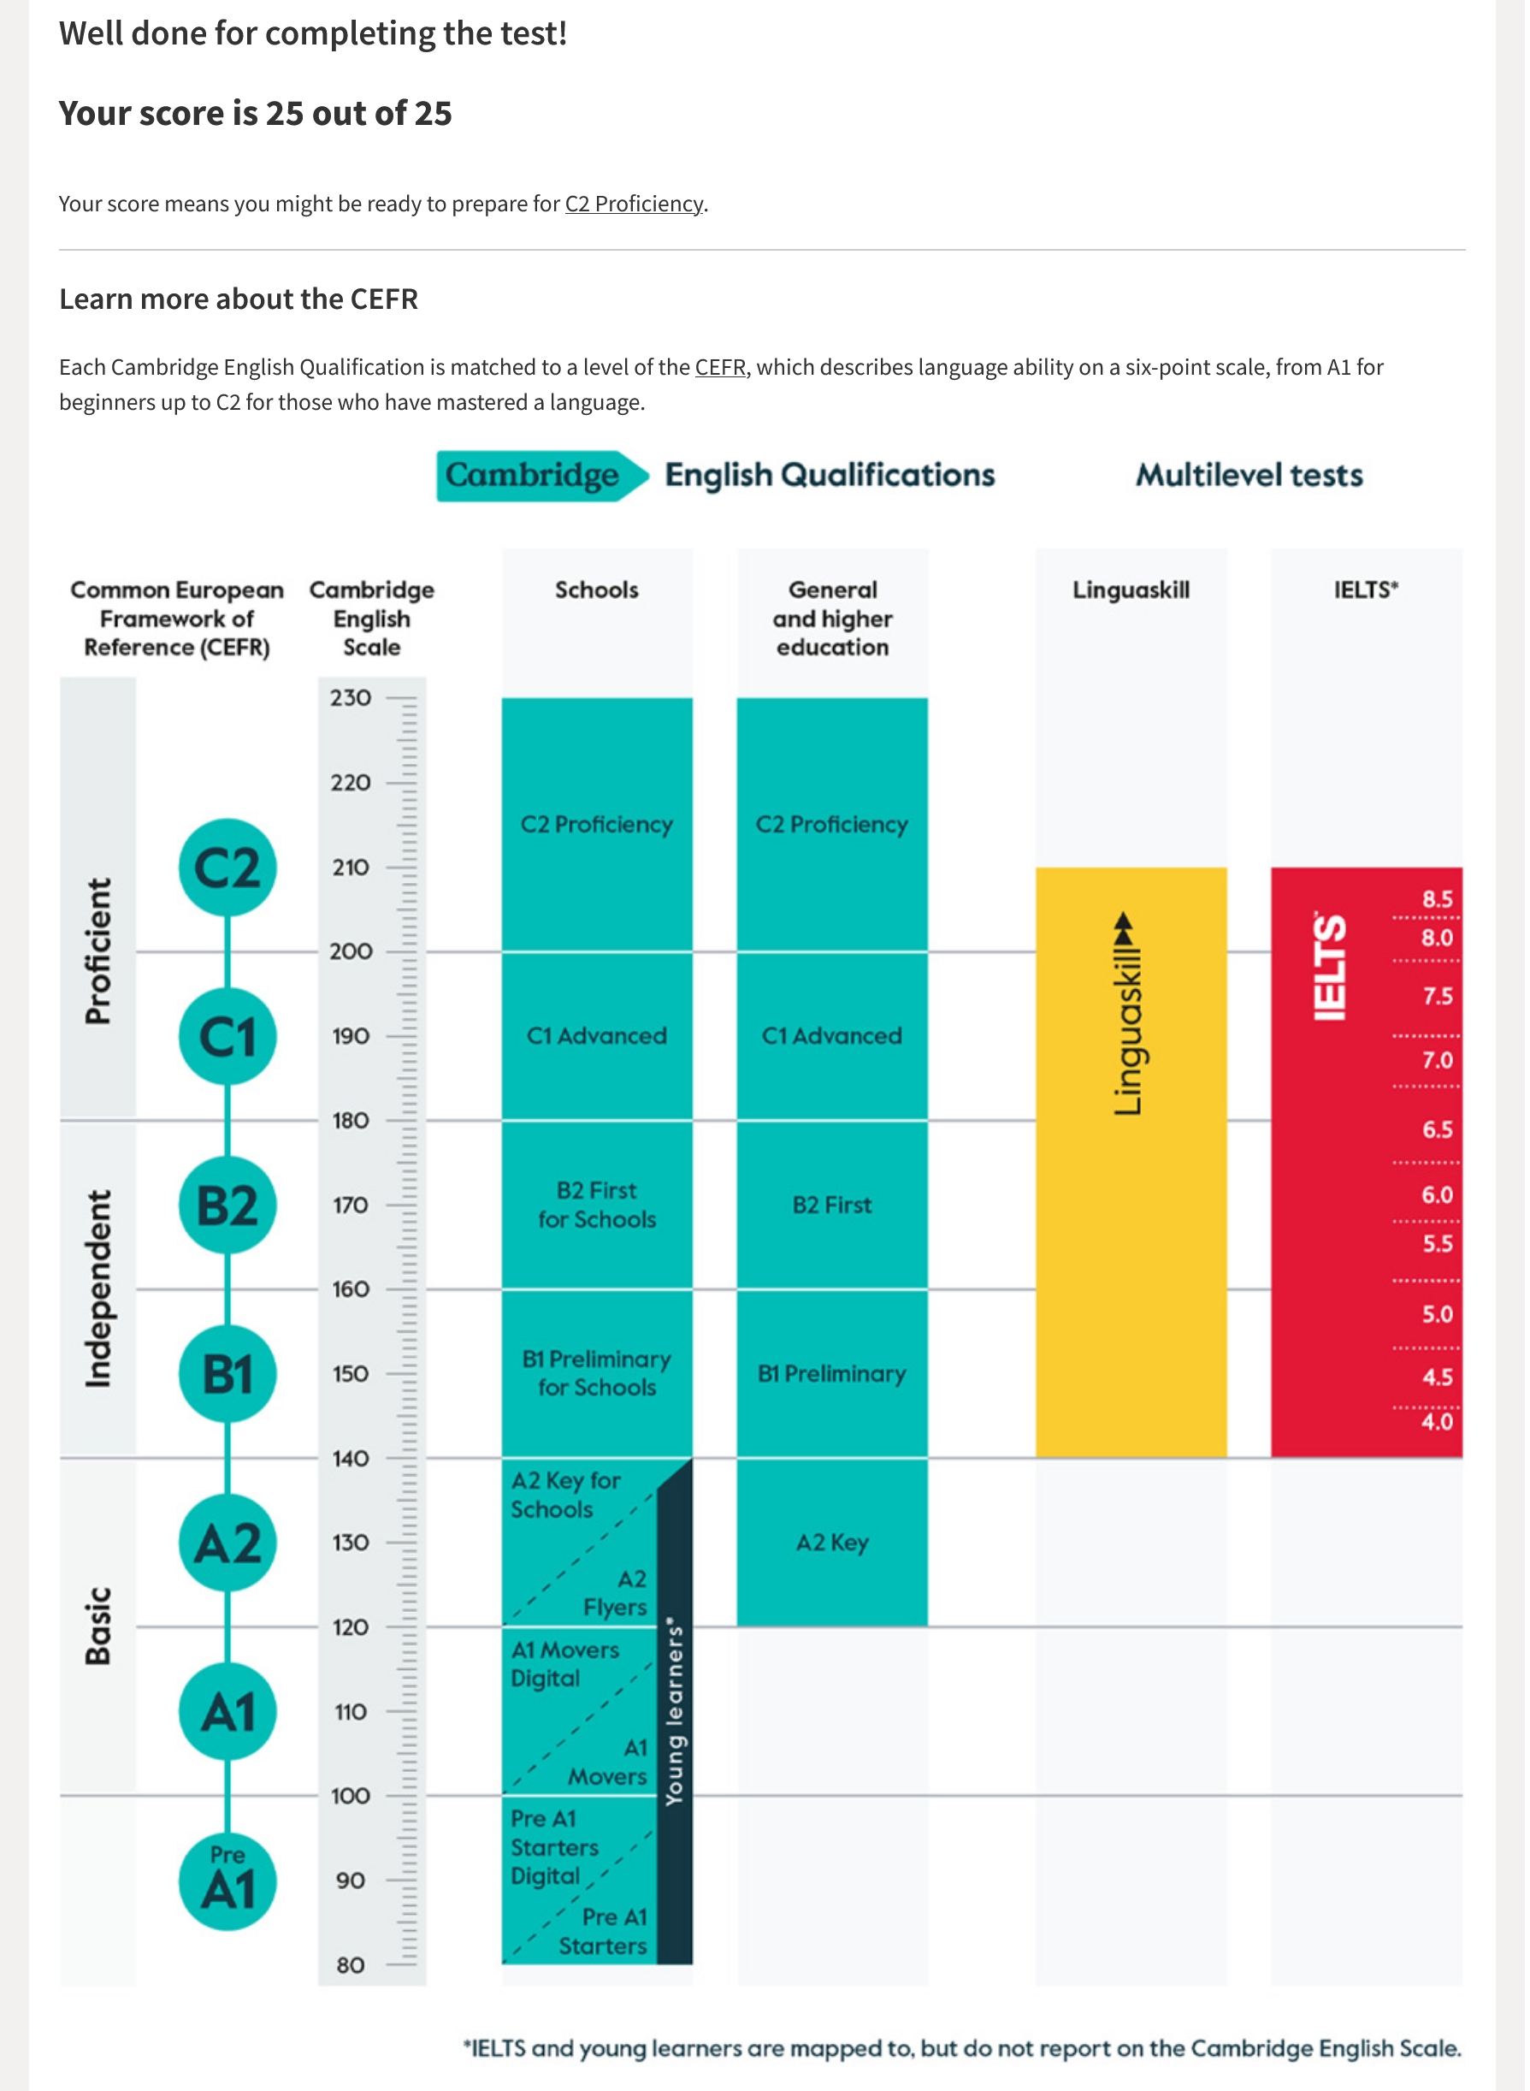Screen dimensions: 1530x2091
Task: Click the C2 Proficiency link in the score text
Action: tap(635, 204)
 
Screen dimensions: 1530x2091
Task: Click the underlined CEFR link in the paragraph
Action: tap(722, 368)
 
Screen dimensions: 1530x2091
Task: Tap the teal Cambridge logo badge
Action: tap(543, 477)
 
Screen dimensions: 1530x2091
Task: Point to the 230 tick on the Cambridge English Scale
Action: tap(351, 698)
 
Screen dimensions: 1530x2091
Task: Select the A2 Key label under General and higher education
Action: tap(833, 1543)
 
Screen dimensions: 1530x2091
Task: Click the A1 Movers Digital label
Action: tap(565, 1665)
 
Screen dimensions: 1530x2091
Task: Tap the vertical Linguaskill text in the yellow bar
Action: tap(1128, 1016)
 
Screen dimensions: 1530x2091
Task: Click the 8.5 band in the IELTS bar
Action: tap(1438, 899)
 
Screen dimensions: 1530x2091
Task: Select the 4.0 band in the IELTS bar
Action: tap(1438, 1422)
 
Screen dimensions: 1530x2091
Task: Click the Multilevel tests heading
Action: tap(1250, 477)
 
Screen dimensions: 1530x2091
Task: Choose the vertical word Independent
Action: tap(98, 1289)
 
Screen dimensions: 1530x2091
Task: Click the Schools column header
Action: tap(597, 591)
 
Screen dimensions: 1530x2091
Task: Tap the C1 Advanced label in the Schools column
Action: tap(597, 1037)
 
